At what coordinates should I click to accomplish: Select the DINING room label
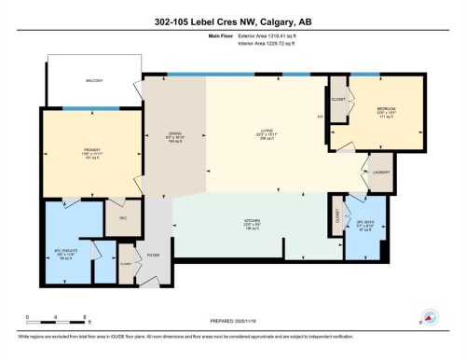174,136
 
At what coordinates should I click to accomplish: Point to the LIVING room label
266,133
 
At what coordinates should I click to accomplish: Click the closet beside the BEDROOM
337,98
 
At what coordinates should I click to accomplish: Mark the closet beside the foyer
125,265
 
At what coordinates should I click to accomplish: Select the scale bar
56,325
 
